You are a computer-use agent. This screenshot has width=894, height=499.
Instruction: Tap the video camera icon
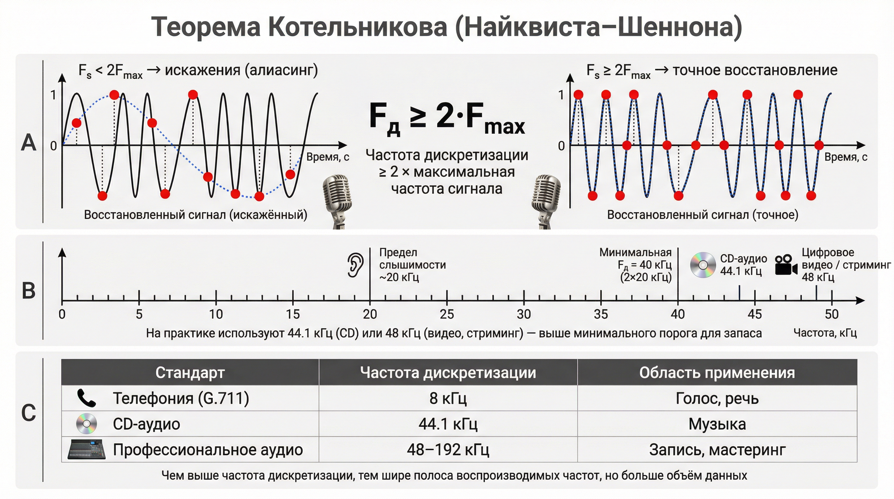coord(786,266)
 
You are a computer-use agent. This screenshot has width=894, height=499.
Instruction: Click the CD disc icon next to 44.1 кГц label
coord(703,265)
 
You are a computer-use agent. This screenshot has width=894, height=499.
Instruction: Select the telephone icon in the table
coord(86,398)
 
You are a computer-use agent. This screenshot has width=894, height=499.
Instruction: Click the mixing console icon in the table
coord(86,449)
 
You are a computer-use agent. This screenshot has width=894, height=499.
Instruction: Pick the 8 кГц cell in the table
coord(448,398)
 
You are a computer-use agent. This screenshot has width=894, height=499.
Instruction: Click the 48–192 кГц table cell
coord(448,450)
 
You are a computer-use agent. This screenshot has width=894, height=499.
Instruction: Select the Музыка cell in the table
coord(717,424)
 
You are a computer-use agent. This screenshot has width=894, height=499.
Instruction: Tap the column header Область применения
coord(717,373)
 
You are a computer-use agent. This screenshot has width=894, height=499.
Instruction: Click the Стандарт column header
coord(190,373)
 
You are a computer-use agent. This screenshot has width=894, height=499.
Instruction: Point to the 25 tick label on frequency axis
coord(447,314)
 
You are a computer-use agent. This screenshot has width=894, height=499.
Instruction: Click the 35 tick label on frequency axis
coord(601,314)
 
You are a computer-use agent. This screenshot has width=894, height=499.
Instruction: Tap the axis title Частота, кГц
coord(825,333)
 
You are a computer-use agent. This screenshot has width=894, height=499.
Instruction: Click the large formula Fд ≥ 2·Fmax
coord(447,118)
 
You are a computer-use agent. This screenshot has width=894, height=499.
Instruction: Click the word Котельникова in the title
coord(357,27)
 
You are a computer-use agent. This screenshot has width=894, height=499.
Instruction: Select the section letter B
coord(29,291)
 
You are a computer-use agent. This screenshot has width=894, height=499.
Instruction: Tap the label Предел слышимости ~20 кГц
coord(412,265)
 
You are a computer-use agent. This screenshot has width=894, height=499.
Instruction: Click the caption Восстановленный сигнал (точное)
coord(702,215)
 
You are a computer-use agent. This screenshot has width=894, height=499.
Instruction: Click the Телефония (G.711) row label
coord(181,398)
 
